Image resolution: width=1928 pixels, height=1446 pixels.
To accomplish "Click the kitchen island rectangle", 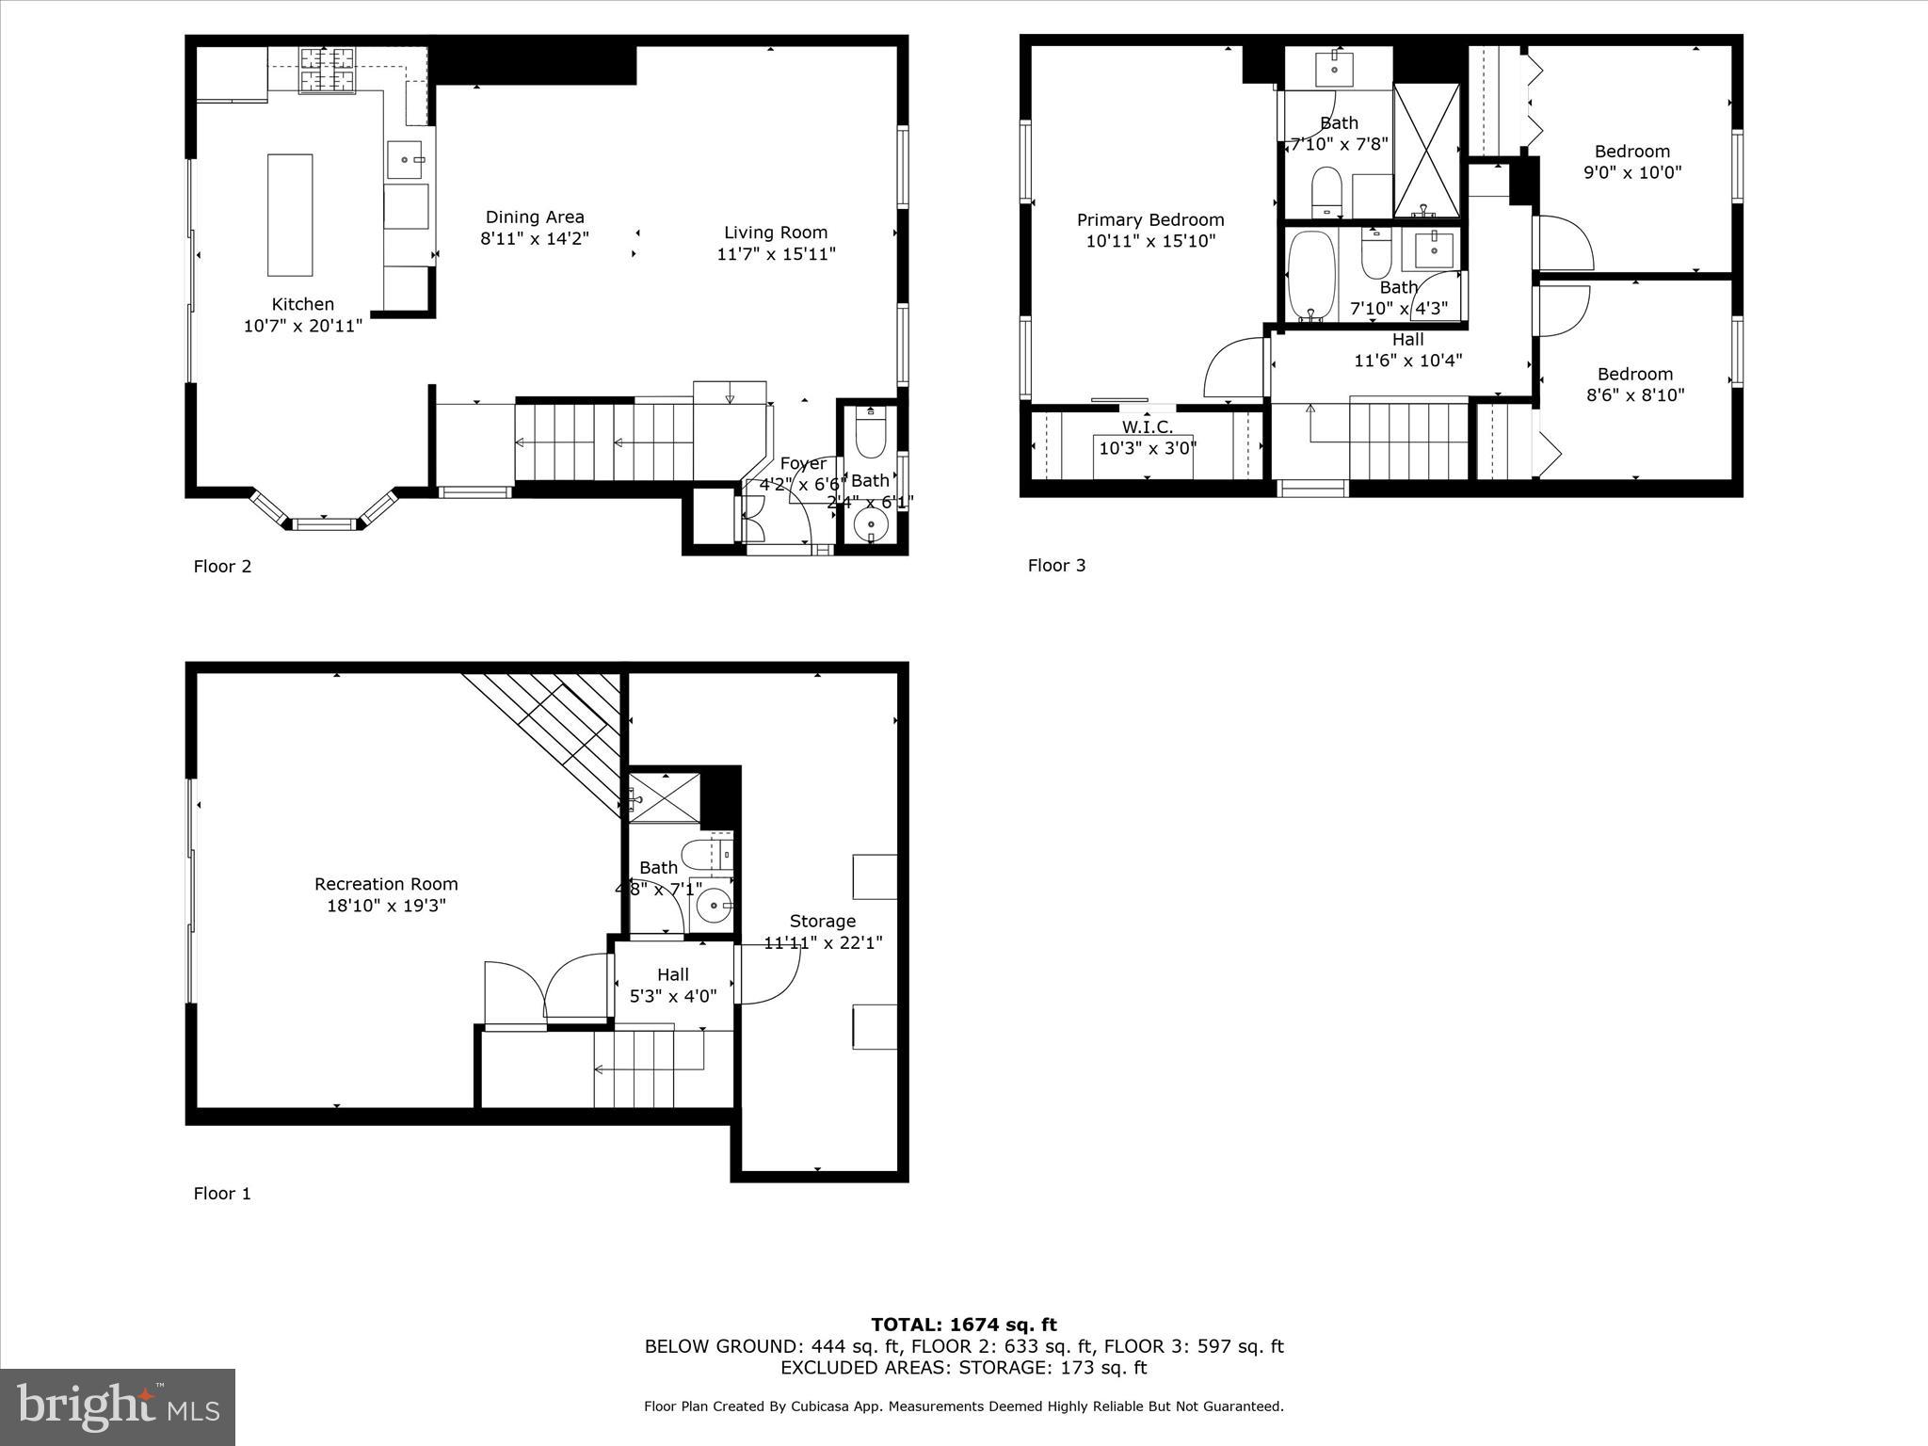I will (x=290, y=215).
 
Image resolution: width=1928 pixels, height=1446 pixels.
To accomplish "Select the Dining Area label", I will (x=534, y=217).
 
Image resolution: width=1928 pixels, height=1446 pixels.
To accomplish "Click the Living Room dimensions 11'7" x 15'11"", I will (x=776, y=254).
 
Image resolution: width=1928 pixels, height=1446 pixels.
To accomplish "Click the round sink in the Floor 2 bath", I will (x=871, y=524).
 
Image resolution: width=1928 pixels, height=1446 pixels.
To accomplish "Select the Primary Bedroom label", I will (x=1150, y=220).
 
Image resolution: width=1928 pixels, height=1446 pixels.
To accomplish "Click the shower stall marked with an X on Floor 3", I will (x=1426, y=151).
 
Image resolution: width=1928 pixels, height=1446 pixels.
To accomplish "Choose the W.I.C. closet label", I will (x=1147, y=426).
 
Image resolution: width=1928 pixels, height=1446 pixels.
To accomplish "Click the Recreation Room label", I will (x=386, y=884).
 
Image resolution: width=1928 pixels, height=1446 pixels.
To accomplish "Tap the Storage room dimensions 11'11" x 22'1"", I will (x=823, y=942).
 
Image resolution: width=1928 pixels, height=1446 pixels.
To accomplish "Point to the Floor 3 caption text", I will (x=1056, y=566).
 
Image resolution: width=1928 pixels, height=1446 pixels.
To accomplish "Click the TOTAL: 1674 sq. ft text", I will (x=963, y=1325).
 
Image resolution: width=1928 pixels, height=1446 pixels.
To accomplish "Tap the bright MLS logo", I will (x=118, y=1406).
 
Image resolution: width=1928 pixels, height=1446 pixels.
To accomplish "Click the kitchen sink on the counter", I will (x=405, y=160).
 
